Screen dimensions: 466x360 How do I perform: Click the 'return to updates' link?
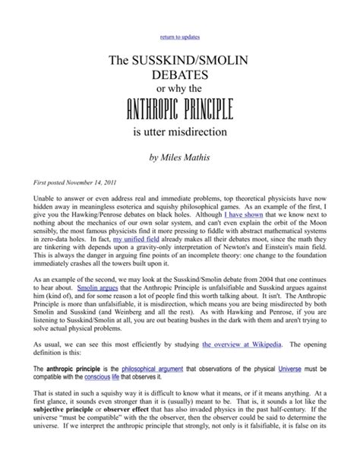coord(179,37)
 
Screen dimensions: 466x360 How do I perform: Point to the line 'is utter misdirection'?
coord(180,140)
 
